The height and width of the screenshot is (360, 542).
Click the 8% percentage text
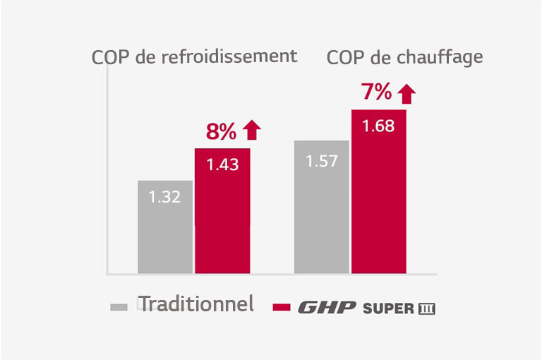point(221,131)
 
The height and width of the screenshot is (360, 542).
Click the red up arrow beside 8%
point(251,131)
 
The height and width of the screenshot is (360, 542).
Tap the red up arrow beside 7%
point(406,92)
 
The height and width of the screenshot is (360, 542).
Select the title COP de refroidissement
point(194,56)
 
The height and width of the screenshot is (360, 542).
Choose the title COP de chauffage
point(405,57)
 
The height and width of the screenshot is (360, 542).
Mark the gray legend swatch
point(119,307)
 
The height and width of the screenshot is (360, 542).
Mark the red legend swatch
point(282,307)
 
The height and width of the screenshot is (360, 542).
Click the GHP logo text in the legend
point(327,308)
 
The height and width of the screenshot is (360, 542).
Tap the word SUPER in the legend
point(388,308)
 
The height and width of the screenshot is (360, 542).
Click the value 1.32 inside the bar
point(165,197)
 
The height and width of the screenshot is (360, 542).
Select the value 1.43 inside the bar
point(222,164)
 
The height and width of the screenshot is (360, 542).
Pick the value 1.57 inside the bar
point(321,161)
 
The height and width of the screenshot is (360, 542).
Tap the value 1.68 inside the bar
point(379,126)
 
